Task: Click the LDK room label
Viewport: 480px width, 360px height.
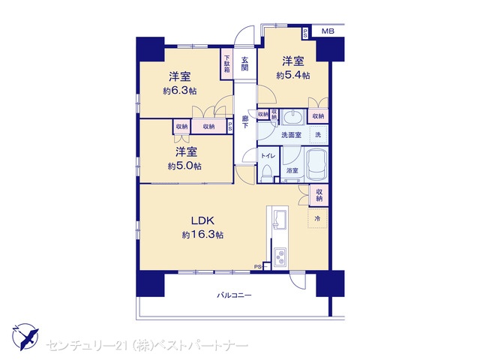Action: pos(202,220)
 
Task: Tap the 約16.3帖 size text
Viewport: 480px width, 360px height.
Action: pos(202,235)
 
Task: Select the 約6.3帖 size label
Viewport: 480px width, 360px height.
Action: pos(180,91)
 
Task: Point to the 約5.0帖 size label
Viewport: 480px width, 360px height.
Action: pos(184,166)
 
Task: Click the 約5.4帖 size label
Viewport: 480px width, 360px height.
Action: pos(293,75)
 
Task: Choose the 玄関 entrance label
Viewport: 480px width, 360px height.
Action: pos(244,64)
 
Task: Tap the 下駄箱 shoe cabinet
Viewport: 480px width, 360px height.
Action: pos(226,64)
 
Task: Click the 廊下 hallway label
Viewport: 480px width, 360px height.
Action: pos(245,121)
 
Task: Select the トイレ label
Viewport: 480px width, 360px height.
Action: pos(268,156)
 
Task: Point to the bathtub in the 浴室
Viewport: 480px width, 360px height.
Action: pos(316,165)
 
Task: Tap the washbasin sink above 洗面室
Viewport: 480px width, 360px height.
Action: pos(293,117)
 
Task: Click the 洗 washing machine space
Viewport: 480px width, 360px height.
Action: pos(318,134)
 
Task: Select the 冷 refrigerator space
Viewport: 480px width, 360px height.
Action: pos(318,218)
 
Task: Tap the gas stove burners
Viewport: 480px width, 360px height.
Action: pos(280,257)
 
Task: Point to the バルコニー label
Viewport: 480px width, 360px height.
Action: pos(235,295)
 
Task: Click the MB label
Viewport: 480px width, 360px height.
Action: pos(328,31)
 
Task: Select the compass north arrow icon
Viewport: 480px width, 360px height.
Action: pos(26,337)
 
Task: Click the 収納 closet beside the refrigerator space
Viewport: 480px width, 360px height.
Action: pos(319,195)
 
